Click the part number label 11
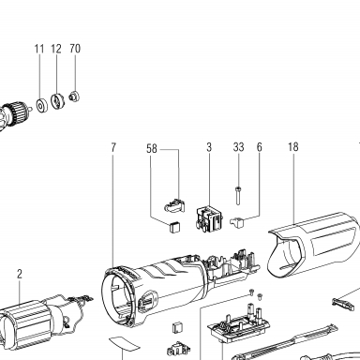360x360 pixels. [39, 49]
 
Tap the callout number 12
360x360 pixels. [56, 49]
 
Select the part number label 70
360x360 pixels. [75, 49]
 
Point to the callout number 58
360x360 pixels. [152, 148]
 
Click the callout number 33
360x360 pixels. [238, 147]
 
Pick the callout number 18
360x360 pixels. [293, 147]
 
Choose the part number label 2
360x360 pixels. [20, 275]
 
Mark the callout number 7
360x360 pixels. [113, 147]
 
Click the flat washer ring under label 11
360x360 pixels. [41, 106]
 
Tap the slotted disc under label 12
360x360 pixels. [57, 101]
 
